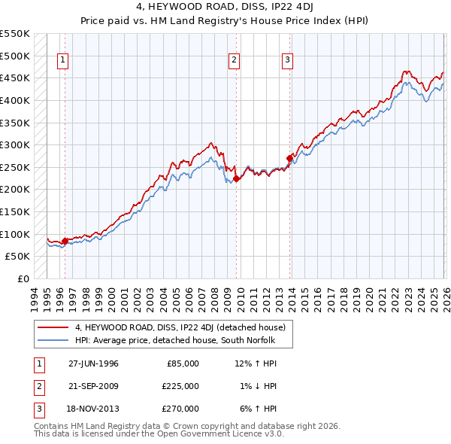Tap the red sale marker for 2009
(236, 178)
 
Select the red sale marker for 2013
(289, 158)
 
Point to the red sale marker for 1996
(65, 241)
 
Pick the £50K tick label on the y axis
(17, 256)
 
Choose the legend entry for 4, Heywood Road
(180, 327)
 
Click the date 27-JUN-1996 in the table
(93, 363)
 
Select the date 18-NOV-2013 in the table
(93, 409)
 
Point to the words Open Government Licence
(209, 434)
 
